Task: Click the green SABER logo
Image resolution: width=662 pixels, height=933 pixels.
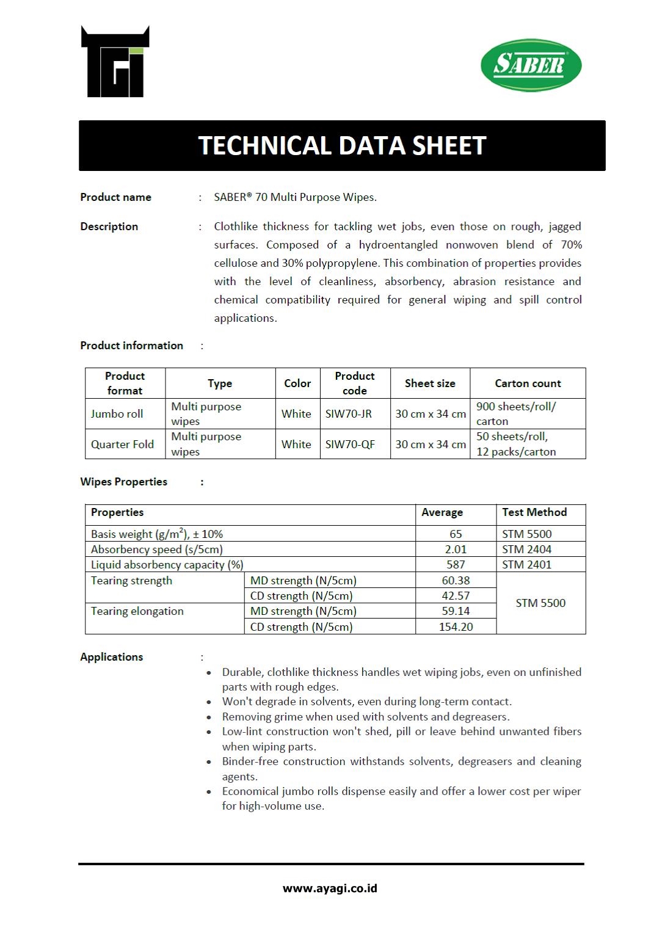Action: [531, 65]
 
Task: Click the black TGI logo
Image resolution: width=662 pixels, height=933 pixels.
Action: [115, 62]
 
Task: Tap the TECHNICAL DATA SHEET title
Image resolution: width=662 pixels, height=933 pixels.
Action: [342, 145]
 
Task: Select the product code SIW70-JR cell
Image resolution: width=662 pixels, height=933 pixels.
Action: [348, 414]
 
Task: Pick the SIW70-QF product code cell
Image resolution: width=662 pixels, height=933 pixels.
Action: [350, 445]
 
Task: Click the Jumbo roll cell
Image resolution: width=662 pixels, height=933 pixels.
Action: [117, 414]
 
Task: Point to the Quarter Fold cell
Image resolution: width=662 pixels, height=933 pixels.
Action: [122, 445]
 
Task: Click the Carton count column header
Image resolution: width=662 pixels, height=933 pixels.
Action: [528, 383]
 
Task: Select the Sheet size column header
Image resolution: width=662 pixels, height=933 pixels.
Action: [430, 383]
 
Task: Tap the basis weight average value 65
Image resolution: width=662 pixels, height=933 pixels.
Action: [456, 534]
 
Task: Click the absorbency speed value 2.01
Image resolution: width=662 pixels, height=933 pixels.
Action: [456, 550]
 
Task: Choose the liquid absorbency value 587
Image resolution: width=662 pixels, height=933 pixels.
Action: [456, 565]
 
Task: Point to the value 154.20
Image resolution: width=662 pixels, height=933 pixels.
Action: [456, 627]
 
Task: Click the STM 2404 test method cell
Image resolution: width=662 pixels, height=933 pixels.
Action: [526, 550]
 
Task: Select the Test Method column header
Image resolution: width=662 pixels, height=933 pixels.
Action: [534, 512]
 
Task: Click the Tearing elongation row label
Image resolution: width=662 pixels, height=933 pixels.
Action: [137, 611]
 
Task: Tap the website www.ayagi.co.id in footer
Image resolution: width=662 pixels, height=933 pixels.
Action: [330, 888]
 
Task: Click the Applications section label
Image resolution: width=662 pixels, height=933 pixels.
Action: [112, 657]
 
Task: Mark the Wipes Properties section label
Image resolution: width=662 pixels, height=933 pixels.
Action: [124, 482]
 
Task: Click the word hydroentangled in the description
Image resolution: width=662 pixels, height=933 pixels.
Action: [398, 245]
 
